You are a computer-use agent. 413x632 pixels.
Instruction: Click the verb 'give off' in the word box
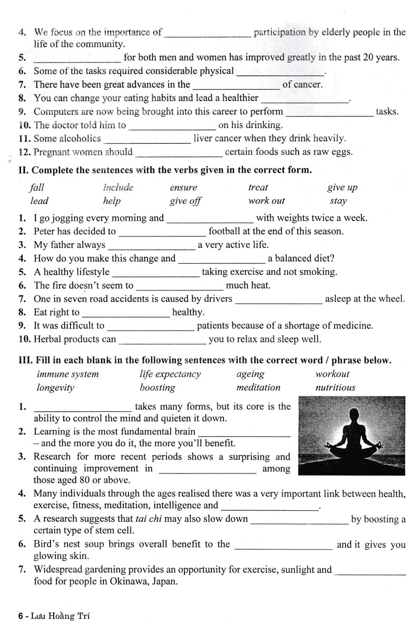coord(185,201)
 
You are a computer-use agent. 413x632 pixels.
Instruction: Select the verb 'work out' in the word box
coord(267,201)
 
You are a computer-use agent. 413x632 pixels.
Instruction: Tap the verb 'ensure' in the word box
coord(183,187)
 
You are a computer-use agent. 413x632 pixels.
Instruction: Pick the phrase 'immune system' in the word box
coord(67,374)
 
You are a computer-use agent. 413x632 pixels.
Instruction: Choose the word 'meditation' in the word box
coord(258,388)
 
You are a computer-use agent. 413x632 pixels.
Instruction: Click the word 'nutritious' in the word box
coord(335,388)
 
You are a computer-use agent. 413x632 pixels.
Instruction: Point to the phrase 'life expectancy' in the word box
coord(170,374)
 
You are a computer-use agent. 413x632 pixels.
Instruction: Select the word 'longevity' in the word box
coord(55,388)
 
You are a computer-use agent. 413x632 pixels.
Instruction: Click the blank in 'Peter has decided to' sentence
coord(162,232)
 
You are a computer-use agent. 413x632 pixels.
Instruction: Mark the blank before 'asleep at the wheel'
coord(278,300)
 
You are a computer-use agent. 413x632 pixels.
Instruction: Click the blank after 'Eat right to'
coord(125,313)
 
